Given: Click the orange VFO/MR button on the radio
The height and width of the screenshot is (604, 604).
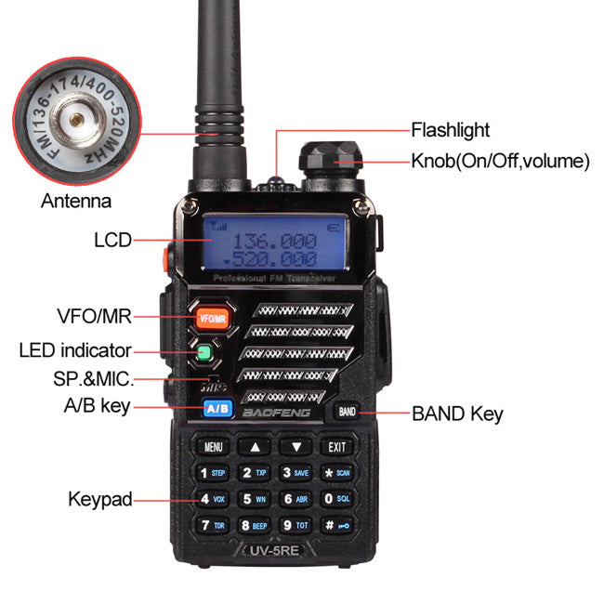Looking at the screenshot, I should [x=213, y=319].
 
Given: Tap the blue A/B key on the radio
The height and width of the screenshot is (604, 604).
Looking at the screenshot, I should [x=217, y=408].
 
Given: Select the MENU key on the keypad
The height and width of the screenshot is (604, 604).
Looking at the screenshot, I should [x=214, y=447].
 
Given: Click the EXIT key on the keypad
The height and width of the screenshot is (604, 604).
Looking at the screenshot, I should [x=336, y=447].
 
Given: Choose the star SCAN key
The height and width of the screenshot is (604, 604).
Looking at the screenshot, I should [x=335, y=473].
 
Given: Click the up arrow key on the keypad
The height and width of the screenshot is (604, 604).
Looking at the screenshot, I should [x=255, y=447].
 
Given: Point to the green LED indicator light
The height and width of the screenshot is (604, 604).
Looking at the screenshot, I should [x=204, y=353].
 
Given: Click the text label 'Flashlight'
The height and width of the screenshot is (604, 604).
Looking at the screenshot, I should [x=450, y=130].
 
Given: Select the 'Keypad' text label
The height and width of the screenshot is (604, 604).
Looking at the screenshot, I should [x=99, y=499].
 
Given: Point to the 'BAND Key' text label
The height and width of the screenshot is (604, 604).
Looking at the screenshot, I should [x=457, y=414].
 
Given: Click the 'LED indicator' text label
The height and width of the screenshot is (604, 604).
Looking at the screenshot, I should [x=75, y=350].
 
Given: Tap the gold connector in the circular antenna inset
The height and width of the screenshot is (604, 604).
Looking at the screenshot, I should [x=75, y=118].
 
